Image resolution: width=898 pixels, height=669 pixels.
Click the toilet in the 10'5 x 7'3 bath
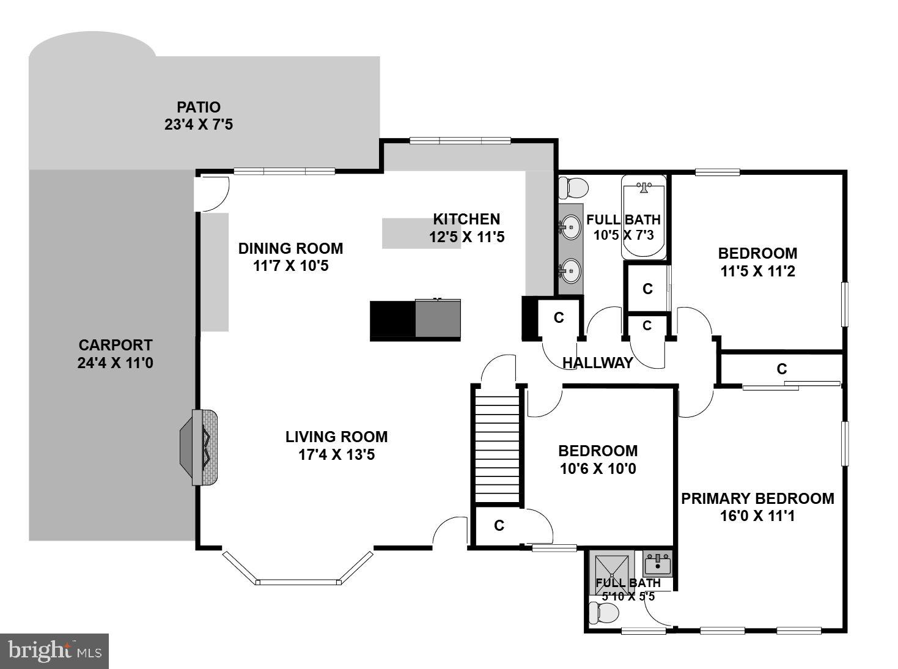(x=573, y=188)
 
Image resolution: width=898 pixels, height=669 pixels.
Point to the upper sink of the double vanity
(x=570, y=227)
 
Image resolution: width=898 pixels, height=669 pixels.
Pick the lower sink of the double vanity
(x=570, y=270)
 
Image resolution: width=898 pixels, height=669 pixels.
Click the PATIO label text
(x=199, y=108)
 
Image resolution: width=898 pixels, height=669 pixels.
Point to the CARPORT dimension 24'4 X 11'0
(x=116, y=363)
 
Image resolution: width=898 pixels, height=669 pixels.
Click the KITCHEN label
(x=466, y=219)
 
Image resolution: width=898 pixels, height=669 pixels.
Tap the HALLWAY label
(x=597, y=363)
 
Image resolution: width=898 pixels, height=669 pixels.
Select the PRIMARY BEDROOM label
(x=757, y=498)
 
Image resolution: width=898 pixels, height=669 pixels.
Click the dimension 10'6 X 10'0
(x=598, y=469)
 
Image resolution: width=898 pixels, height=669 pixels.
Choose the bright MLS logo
(x=54, y=651)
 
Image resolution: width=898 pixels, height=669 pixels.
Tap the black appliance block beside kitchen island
(x=392, y=320)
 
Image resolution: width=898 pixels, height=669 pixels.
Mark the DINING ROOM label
(x=290, y=248)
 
